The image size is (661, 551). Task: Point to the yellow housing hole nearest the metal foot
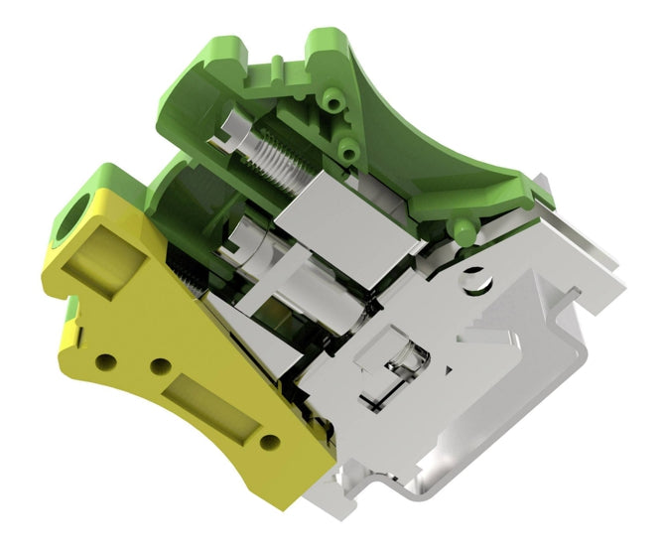click(x=266, y=441)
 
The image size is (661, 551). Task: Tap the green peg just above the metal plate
click(x=459, y=233)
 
